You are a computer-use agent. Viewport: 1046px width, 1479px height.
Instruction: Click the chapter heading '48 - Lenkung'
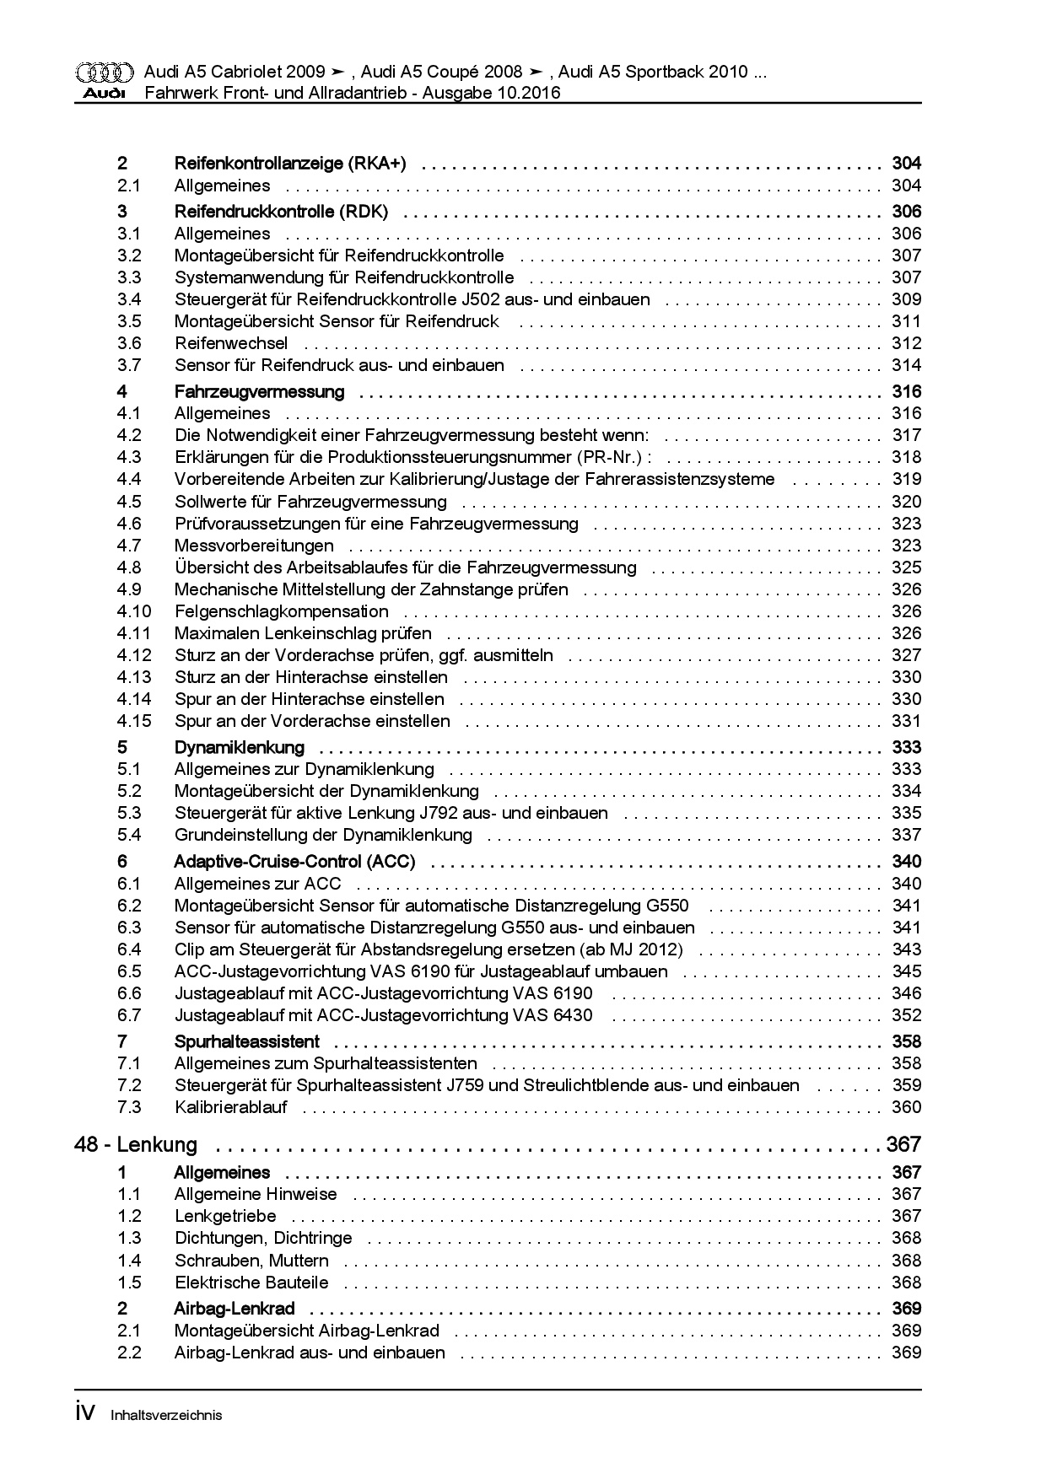[x=136, y=1144]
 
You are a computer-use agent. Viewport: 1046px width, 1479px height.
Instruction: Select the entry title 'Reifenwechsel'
[x=231, y=343]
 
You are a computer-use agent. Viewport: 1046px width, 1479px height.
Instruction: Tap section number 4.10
[x=134, y=611]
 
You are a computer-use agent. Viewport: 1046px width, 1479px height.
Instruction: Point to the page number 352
[x=906, y=1015]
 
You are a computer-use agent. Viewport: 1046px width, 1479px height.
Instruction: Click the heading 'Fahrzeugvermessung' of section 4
[x=259, y=391]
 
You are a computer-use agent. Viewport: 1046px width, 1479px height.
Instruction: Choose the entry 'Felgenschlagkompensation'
[x=282, y=611]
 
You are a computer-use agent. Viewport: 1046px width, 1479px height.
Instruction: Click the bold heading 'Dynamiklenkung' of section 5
[x=240, y=747]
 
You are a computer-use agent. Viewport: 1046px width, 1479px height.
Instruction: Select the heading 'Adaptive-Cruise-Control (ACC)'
[x=294, y=861]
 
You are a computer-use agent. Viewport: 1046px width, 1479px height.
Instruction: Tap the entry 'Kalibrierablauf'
[x=231, y=1107]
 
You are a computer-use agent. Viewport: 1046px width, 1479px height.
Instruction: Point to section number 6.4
[x=129, y=949]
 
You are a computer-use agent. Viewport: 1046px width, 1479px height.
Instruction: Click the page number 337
[x=906, y=835]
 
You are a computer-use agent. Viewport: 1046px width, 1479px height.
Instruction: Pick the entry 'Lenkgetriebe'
[x=225, y=1216]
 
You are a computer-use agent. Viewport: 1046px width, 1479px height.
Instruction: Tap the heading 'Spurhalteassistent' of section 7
[x=247, y=1041]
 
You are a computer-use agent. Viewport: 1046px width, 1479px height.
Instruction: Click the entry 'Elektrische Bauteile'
[x=251, y=1283]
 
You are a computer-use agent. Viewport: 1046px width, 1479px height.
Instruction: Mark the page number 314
[x=906, y=365]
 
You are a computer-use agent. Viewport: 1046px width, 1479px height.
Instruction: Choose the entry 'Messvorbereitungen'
[x=254, y=546]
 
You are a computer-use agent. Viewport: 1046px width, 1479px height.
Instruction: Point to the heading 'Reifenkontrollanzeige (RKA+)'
[x=290, y=164]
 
